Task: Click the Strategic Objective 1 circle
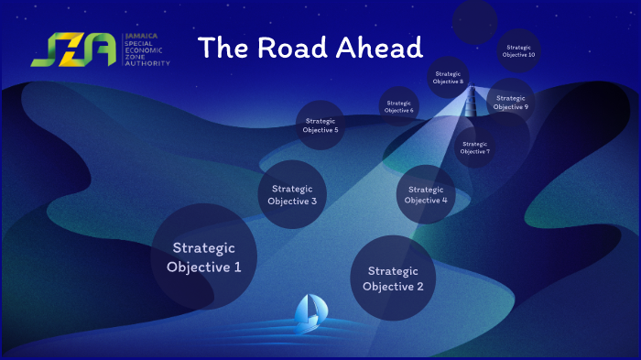[203, 256]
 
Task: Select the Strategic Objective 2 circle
[393, 278]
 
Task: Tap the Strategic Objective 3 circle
[293, 194]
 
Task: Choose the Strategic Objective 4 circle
[426, 194]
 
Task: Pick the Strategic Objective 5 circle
[320, 125]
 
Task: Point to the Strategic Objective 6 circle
[399, 106]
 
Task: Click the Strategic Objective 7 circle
[474, 147]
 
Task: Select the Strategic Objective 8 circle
[449, 78]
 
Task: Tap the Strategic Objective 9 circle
[510, 102]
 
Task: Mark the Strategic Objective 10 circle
[519, 50]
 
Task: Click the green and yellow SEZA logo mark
[73, 50]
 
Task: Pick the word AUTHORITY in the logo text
[148, 64]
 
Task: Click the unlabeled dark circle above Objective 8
[474, 21]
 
